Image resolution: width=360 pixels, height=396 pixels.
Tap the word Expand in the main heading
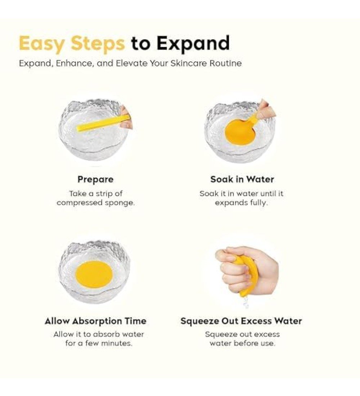[193, 44]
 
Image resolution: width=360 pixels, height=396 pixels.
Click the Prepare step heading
[95, 179]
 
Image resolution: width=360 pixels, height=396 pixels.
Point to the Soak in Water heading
[242, 179]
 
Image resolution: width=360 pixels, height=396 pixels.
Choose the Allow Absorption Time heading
[95, 321]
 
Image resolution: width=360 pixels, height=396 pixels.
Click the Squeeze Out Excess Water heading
[241, 321]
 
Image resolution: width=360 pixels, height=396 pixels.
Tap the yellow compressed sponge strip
[102, 124]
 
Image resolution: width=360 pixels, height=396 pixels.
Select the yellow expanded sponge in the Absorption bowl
[94, 275]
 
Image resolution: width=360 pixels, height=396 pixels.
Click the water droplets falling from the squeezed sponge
[245, 302]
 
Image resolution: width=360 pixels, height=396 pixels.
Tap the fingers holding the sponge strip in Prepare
[126, 117]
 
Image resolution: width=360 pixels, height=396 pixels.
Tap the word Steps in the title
[98, 44]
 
